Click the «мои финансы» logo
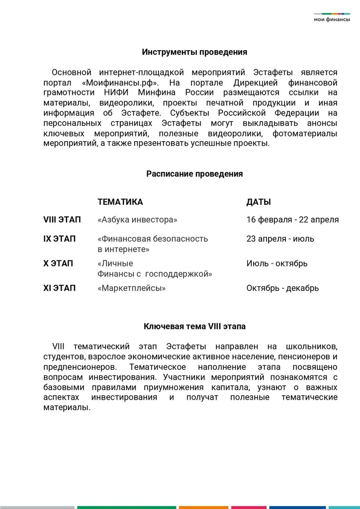332,18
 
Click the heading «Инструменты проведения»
194,52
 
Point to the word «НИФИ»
118,92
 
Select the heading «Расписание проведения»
194,174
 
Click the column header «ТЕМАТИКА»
120,202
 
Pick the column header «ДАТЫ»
259,202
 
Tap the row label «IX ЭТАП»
60,239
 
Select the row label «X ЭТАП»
58,263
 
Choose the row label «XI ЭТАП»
60,288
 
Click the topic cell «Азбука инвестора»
137,220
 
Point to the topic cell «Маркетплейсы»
132,288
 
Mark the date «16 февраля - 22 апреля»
292,220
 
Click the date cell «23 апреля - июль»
280,239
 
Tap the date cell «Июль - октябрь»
276,263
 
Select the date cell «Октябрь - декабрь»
282,288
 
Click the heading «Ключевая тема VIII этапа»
194,327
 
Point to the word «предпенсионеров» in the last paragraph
80,367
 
